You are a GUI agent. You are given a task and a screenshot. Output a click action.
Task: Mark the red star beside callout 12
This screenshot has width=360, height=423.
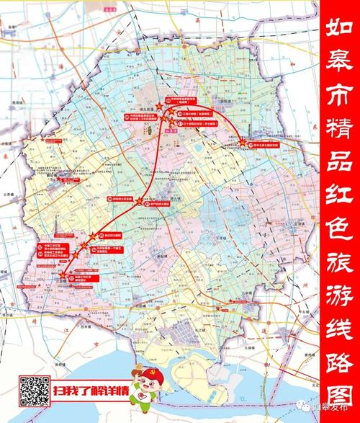[x=159, y=106]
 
